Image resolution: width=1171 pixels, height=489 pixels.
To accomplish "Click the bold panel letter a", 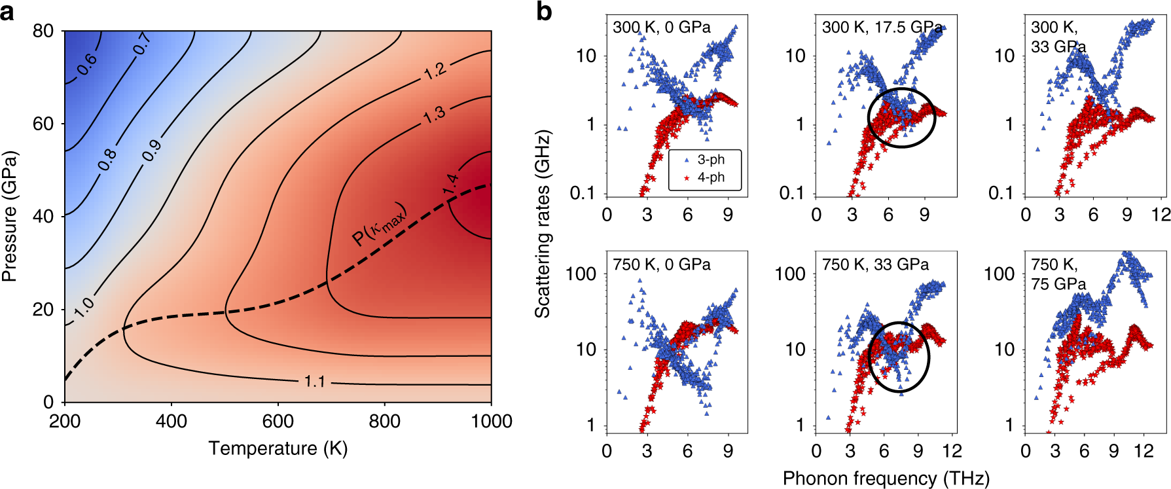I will pos(7,12).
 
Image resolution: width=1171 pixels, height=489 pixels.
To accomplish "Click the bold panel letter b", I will pos(544,12).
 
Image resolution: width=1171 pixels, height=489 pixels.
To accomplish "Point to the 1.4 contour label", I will pos(450,183).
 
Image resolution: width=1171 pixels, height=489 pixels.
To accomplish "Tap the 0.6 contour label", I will pos(86,64).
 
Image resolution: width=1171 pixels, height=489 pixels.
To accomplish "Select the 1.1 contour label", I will pos(315,381).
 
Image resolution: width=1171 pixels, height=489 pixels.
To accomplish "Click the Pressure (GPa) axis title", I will pos(9,217).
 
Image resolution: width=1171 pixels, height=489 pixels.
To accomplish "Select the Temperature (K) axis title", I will pos(278,448).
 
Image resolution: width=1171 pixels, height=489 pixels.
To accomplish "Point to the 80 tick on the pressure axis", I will pos(43,31).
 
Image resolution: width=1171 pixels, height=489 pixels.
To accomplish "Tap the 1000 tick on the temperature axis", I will pos(491,421).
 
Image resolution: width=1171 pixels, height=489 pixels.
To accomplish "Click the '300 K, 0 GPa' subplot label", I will pos(661,27).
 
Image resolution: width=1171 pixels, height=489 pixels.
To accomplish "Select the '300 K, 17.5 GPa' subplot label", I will pos(882,27).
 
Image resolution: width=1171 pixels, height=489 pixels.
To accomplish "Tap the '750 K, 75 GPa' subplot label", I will pos(1058,274).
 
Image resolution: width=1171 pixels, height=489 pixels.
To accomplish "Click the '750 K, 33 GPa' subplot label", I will pos(875,264).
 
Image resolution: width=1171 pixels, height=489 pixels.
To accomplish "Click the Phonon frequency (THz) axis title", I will pos(886,479).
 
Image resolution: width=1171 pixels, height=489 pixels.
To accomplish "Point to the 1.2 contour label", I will pos(435,71).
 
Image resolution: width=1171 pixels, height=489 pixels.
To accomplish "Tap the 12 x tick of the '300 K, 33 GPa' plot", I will pos(1161,215).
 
